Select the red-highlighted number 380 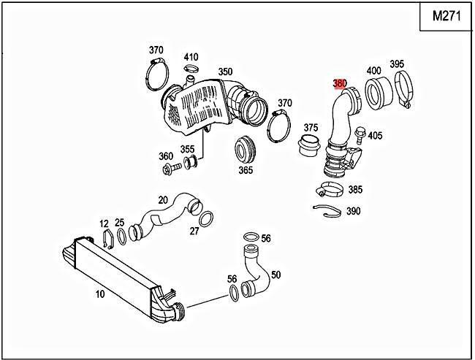click(340, 83)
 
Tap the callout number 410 click(191, 57)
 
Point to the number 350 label click(225, 72)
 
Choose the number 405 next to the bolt click(375, 135)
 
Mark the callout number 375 click(311, 127)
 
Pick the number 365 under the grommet click(246, 170)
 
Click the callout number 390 click(354, 211)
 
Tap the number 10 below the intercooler click(100, 294)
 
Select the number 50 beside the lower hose click(275, 275)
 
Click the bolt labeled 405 click(360, 134)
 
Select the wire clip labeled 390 click(326, 212)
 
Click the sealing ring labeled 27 click(206, 218)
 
